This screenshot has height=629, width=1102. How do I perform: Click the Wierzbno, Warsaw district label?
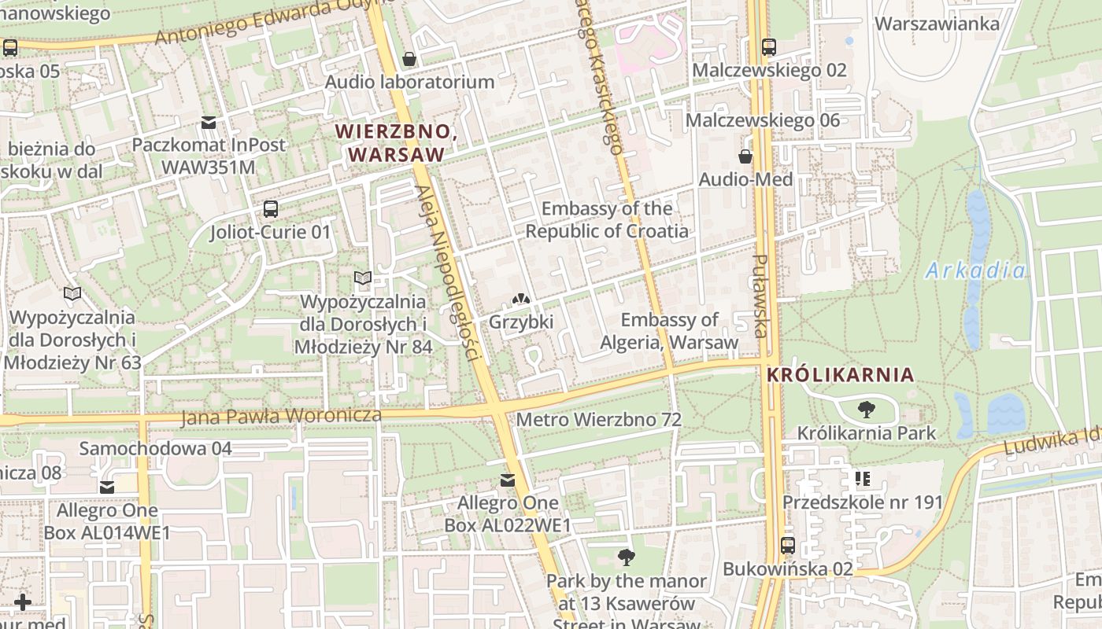pos(396,143)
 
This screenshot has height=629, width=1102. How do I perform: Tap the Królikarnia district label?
pos(841,375)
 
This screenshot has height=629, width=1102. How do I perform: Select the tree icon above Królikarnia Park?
pos(866,410)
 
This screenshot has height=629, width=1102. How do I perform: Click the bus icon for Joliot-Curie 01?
pos(270,209)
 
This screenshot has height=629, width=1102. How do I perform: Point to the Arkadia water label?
pos(975,271)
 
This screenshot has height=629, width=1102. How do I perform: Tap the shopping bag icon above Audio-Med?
pos(745,156)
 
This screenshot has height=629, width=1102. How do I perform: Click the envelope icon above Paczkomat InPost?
pos(208,123)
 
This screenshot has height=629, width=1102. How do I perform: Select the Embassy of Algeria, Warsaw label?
pos(669,331)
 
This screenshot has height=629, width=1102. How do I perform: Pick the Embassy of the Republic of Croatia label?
pos(607,219)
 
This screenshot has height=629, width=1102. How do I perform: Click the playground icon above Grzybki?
pos(520,300)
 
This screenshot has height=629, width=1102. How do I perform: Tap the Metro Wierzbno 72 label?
pos(598,420)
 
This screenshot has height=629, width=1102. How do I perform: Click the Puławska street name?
pos(760,296)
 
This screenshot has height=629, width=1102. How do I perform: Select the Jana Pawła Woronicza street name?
pos(281,415)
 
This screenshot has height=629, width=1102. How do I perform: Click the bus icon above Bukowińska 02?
pos(787,545)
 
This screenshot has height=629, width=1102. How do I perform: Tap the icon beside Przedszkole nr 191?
pos(862,479)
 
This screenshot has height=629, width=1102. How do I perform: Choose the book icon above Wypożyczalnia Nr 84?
pos(362,278)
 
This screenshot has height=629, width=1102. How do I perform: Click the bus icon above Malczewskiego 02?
pos(768,47)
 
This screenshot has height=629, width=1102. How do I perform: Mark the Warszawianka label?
pos(937,24)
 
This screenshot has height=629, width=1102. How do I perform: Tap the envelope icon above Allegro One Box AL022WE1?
pos(508,480)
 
